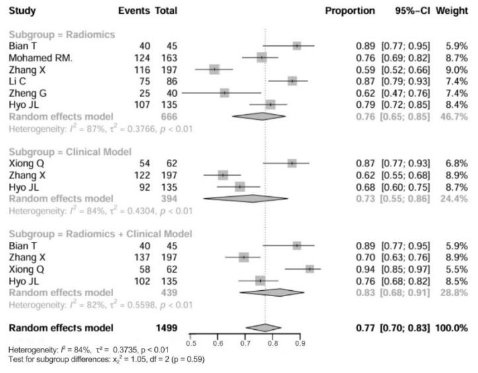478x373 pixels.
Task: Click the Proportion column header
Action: click(x=350, y=11)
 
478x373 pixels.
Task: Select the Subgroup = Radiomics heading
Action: click(x=62, y=34)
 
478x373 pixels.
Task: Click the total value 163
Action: click(x=170, y=58)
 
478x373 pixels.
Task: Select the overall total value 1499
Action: click(x=166, y=328)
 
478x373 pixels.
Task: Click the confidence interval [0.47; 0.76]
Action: click(x=405, y=93)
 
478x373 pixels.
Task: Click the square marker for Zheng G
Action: click(x=224, y=93)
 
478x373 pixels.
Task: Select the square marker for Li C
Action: click(x=293, y=81)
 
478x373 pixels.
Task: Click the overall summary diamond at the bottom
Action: click(x=263, y=327)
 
